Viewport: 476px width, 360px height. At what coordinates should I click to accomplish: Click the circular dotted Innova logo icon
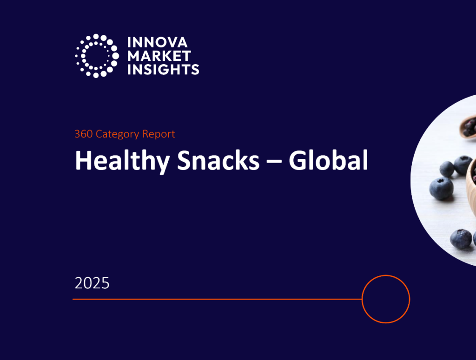pos(97,56)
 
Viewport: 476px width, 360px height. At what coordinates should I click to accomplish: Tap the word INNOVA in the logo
pos(158,43)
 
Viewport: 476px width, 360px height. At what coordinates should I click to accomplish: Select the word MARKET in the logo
pos(159,56)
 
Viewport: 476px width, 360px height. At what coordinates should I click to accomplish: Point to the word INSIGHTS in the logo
pos(163,70)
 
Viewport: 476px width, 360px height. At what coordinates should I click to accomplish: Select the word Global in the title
pos(328,161)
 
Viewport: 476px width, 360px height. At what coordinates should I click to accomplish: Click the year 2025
pos(92,283)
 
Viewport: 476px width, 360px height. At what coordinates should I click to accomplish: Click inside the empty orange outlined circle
pos(385,299)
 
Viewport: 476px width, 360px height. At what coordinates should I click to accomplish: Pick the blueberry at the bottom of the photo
pos(460,238)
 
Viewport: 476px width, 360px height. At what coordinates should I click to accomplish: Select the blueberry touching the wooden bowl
pos(463,164)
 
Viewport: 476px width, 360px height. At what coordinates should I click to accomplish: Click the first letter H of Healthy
pos(82,161)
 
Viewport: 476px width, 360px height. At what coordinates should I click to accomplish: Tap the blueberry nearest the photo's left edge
pos(441,188)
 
